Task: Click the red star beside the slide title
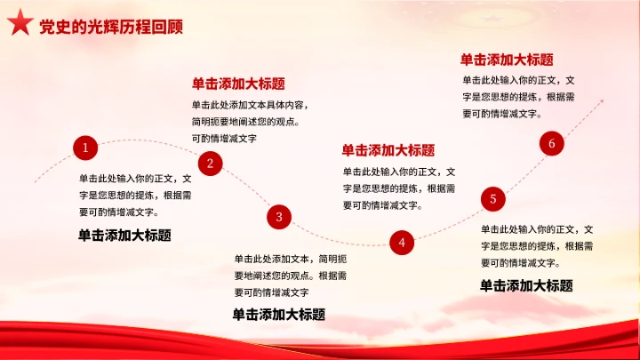20,25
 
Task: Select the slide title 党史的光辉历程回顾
111,27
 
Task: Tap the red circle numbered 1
85,148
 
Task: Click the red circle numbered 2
210,163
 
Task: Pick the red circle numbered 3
279,216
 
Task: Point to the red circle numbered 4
402,242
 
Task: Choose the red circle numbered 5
493,199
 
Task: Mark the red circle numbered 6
552,144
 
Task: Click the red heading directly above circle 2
238,84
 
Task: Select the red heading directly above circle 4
388,150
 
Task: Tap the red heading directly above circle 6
507,60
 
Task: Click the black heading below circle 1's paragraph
124,236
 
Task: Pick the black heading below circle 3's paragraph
278,314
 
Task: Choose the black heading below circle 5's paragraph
526,285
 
